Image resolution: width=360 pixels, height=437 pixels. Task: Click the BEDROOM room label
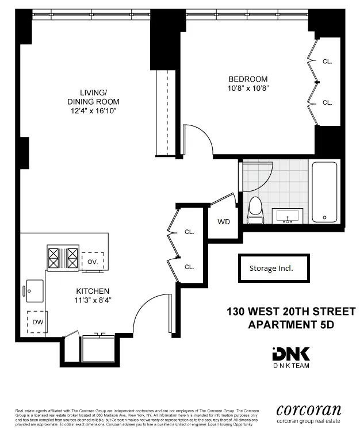(x=248, y=79)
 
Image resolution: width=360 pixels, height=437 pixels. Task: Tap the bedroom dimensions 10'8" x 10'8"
(x=248, y=88)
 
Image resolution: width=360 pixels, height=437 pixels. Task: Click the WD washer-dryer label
(x=224, y=222)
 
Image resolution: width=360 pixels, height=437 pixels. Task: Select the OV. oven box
(x=93, y=261)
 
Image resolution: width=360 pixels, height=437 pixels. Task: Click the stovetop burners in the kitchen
(x=63, y=254)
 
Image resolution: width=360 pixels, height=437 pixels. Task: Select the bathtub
(x=325, y=193)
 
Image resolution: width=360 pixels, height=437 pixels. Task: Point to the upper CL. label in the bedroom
(x=327, y=61)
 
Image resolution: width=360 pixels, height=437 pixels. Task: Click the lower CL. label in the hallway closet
(x=189, y=267)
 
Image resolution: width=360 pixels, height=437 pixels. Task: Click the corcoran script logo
(x=309, y=410)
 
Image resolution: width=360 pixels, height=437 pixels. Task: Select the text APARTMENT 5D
(x=290, y=324)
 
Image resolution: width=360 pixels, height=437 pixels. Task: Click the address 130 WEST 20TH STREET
(x=290, y=312)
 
